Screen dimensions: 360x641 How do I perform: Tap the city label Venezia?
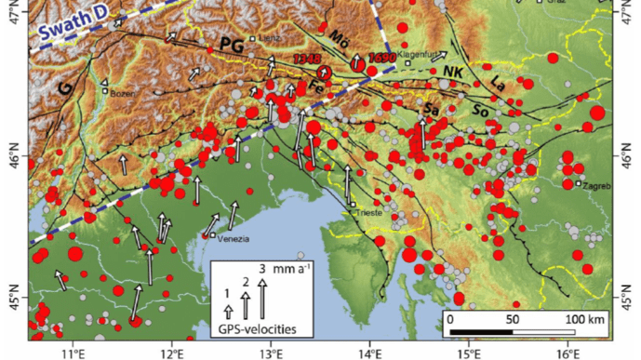click(x=234, y=238)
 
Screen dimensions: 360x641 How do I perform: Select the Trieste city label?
click(x=369, y=213)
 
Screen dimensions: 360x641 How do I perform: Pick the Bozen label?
click(x=122, y=94)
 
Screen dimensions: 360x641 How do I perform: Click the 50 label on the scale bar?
click(x=512, y=320)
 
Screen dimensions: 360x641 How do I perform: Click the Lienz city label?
click(x=270, y=38)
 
